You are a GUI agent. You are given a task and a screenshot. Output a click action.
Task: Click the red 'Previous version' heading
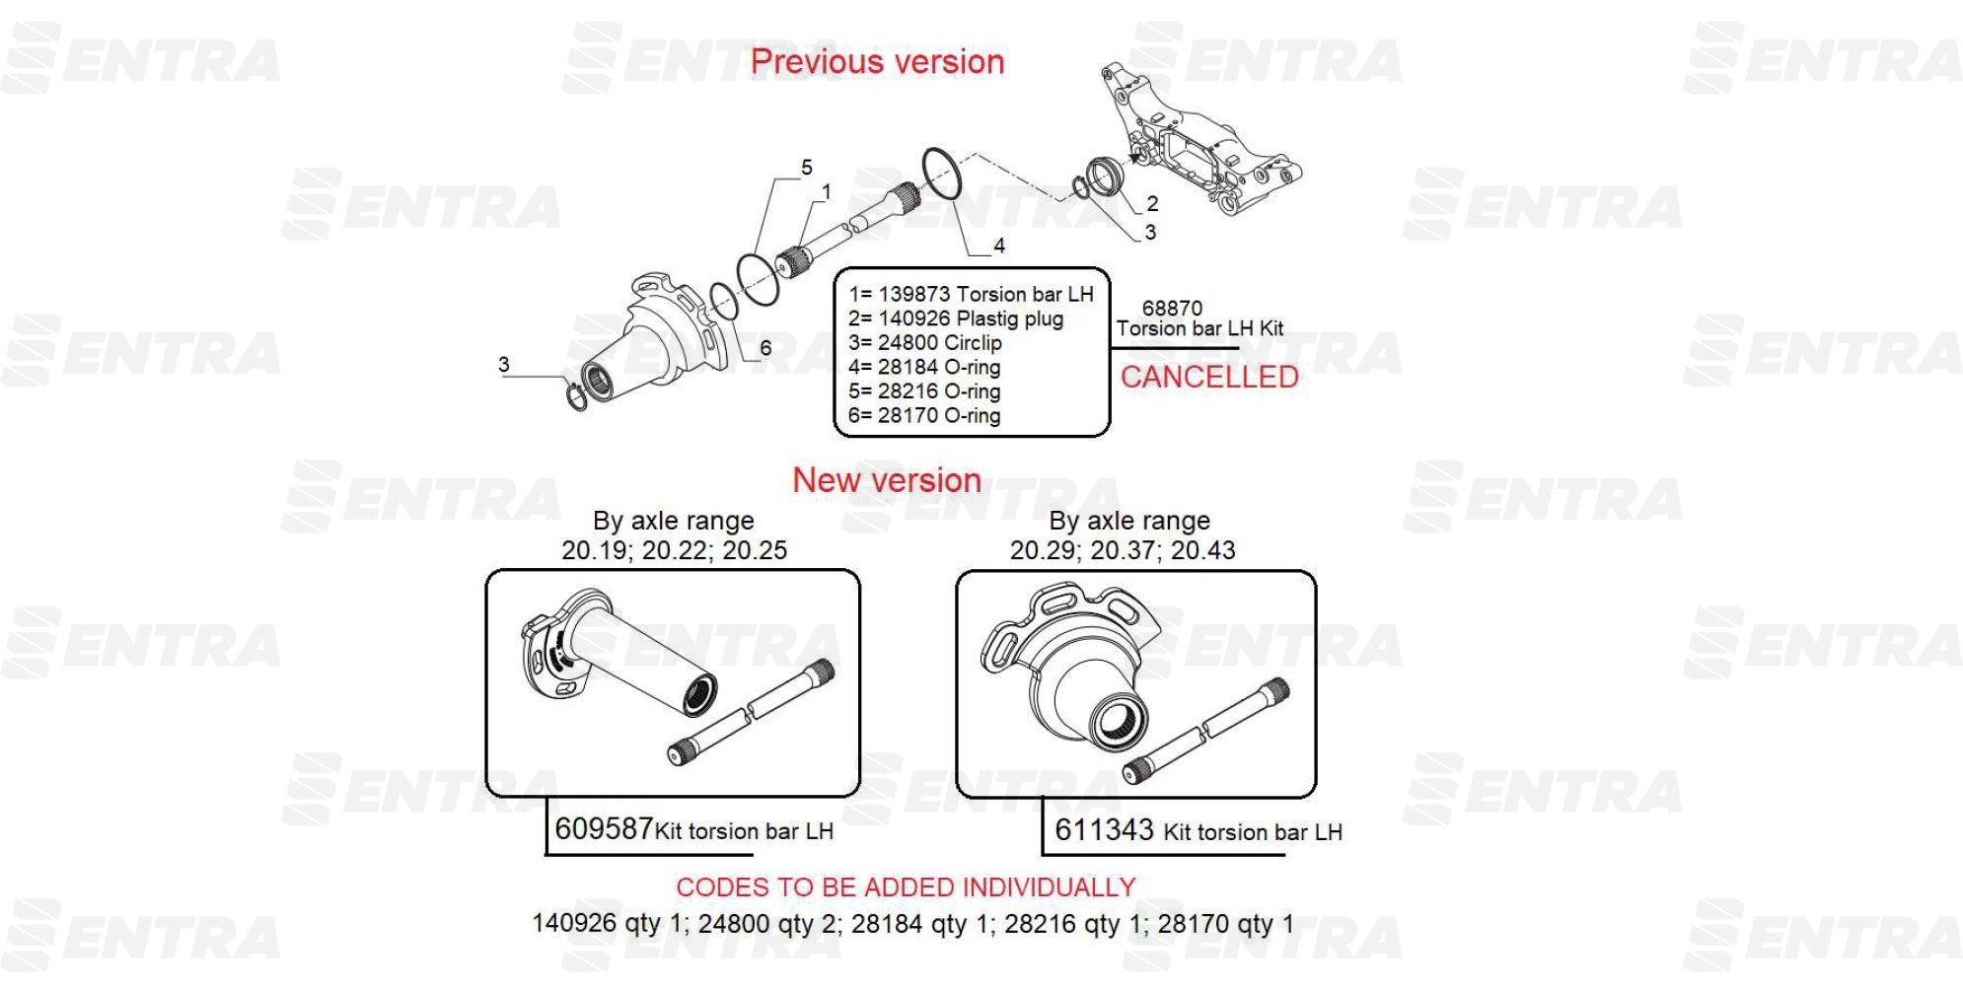877,62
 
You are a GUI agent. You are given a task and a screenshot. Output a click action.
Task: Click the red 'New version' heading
887,480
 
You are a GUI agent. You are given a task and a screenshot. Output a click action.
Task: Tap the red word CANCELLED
1209,377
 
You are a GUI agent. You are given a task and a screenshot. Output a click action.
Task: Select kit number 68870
1172,308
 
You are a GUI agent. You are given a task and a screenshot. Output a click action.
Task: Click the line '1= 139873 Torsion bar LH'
971,294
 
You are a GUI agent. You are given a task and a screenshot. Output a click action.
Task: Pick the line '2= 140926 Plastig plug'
956,319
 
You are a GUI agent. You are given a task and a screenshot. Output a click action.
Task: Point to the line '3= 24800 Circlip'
924,343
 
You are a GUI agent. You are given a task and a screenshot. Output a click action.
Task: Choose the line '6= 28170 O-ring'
924,415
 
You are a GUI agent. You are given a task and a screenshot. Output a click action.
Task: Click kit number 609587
604,828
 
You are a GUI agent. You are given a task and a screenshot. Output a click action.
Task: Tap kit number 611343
1104,829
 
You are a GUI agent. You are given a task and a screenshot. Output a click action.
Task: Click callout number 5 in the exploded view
807,168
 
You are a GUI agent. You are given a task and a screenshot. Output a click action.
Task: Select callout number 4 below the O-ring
999,246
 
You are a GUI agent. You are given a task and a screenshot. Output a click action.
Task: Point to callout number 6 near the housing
765,348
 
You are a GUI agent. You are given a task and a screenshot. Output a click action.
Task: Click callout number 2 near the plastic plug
1152,204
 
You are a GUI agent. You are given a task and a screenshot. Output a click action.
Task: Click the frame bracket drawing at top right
1199,138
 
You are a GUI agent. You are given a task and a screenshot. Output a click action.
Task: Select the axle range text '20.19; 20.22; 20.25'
675,550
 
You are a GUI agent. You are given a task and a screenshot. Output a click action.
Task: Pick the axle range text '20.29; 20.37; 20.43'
1123,550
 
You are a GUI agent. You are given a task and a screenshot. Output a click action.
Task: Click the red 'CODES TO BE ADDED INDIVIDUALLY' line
906,887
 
